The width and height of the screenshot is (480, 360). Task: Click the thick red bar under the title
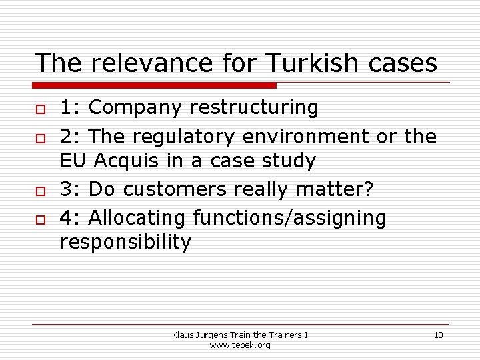coord(155,85)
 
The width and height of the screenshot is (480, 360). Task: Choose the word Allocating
coord(137,218)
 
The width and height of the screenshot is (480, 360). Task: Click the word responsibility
coord(125,242)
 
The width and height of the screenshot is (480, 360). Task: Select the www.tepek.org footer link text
coord(240,345)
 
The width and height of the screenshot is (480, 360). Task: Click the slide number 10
coord(438,335)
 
